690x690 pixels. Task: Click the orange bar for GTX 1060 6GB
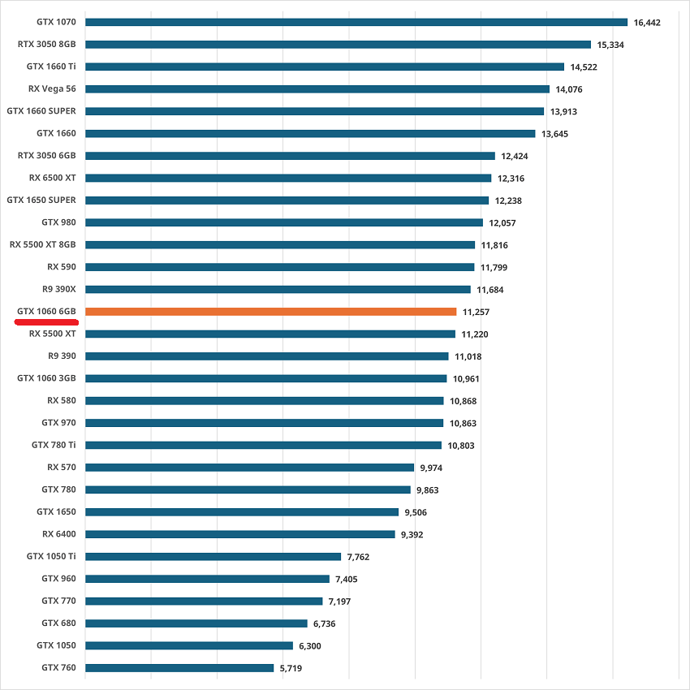coord(270,311)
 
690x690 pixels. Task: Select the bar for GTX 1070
coord(356,22)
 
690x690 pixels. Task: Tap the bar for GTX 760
coord(179,667)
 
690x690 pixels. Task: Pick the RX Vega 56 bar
coord(317,88)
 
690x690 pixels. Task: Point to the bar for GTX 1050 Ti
coord(213,556)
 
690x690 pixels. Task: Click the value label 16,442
coord(647,23)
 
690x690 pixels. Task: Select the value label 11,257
coord(476,312)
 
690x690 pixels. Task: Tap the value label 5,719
coord(293,668)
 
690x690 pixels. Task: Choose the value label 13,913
coord(563,111)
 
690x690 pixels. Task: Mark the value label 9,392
coord(410,534)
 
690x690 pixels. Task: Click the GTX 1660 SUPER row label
coord(41,110)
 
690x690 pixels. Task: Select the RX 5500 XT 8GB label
coord(43,244)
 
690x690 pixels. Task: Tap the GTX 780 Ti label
coord(54,445)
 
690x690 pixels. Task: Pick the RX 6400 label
coord(59,534)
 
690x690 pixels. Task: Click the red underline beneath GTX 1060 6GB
coord(45,321)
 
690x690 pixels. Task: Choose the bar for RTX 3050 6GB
coord(290,155)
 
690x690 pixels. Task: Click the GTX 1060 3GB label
coord(46,378)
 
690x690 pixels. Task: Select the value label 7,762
coord(358,557)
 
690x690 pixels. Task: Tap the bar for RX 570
coord(249,467)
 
